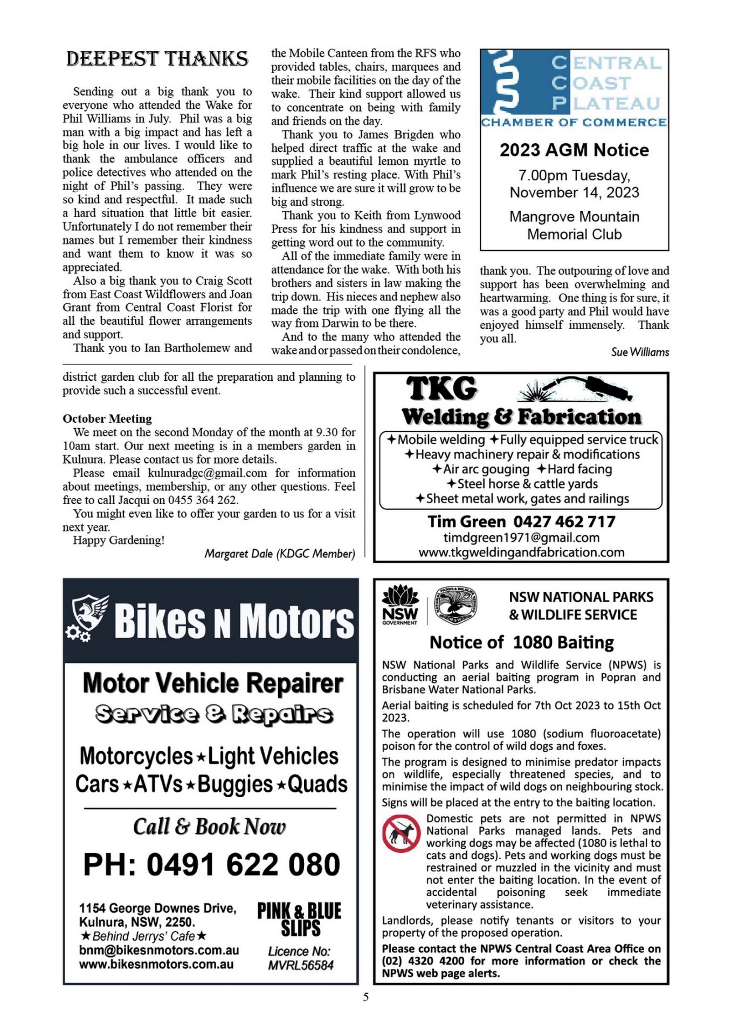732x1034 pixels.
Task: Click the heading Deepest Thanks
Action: (x=157, y=59)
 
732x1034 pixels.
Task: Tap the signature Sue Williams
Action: (x=640, y=352)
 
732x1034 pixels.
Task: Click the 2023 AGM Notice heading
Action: (x=574, y=150)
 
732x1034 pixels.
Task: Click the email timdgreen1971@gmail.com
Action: (x=521, y=537)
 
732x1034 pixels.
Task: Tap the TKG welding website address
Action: (x=521, y=553)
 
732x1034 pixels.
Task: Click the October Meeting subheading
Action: (x=107, y=418)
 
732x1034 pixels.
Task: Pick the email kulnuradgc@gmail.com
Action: (x=207, y=473)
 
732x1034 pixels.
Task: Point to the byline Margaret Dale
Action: (x=279, y=554)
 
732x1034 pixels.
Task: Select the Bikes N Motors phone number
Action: (x=211, y=865)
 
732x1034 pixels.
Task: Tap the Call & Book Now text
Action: (x=209, y=827)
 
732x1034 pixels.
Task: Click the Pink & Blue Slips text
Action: (x=299, y=920)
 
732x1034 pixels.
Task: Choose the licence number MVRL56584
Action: (x=301, y=966)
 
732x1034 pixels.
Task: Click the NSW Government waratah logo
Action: (x=400, y=605)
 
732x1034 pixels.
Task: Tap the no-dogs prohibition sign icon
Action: (x=401, y=834)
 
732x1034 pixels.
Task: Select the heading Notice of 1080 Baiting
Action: (x=521, y=642)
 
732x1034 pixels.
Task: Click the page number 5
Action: (x=366, y=997)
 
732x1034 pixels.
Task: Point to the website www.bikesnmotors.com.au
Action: (x=156, y=965)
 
